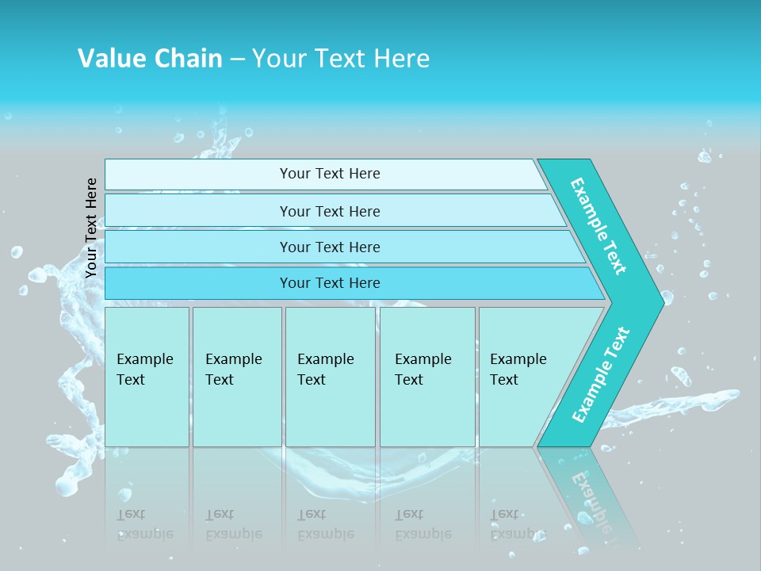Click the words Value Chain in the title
150,58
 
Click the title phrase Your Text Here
341,58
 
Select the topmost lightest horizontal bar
329,174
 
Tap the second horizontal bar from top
329,211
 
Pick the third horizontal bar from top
329,247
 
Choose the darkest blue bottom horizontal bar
329,283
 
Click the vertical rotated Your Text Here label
91,228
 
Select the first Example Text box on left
147,377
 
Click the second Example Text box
236,377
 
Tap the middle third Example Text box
330,377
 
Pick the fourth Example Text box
426,377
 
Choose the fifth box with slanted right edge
523,377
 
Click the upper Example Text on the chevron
598,226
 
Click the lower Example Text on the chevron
601,374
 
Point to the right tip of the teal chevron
662,302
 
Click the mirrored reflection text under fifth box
517,524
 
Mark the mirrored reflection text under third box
325,524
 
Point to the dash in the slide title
237,59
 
